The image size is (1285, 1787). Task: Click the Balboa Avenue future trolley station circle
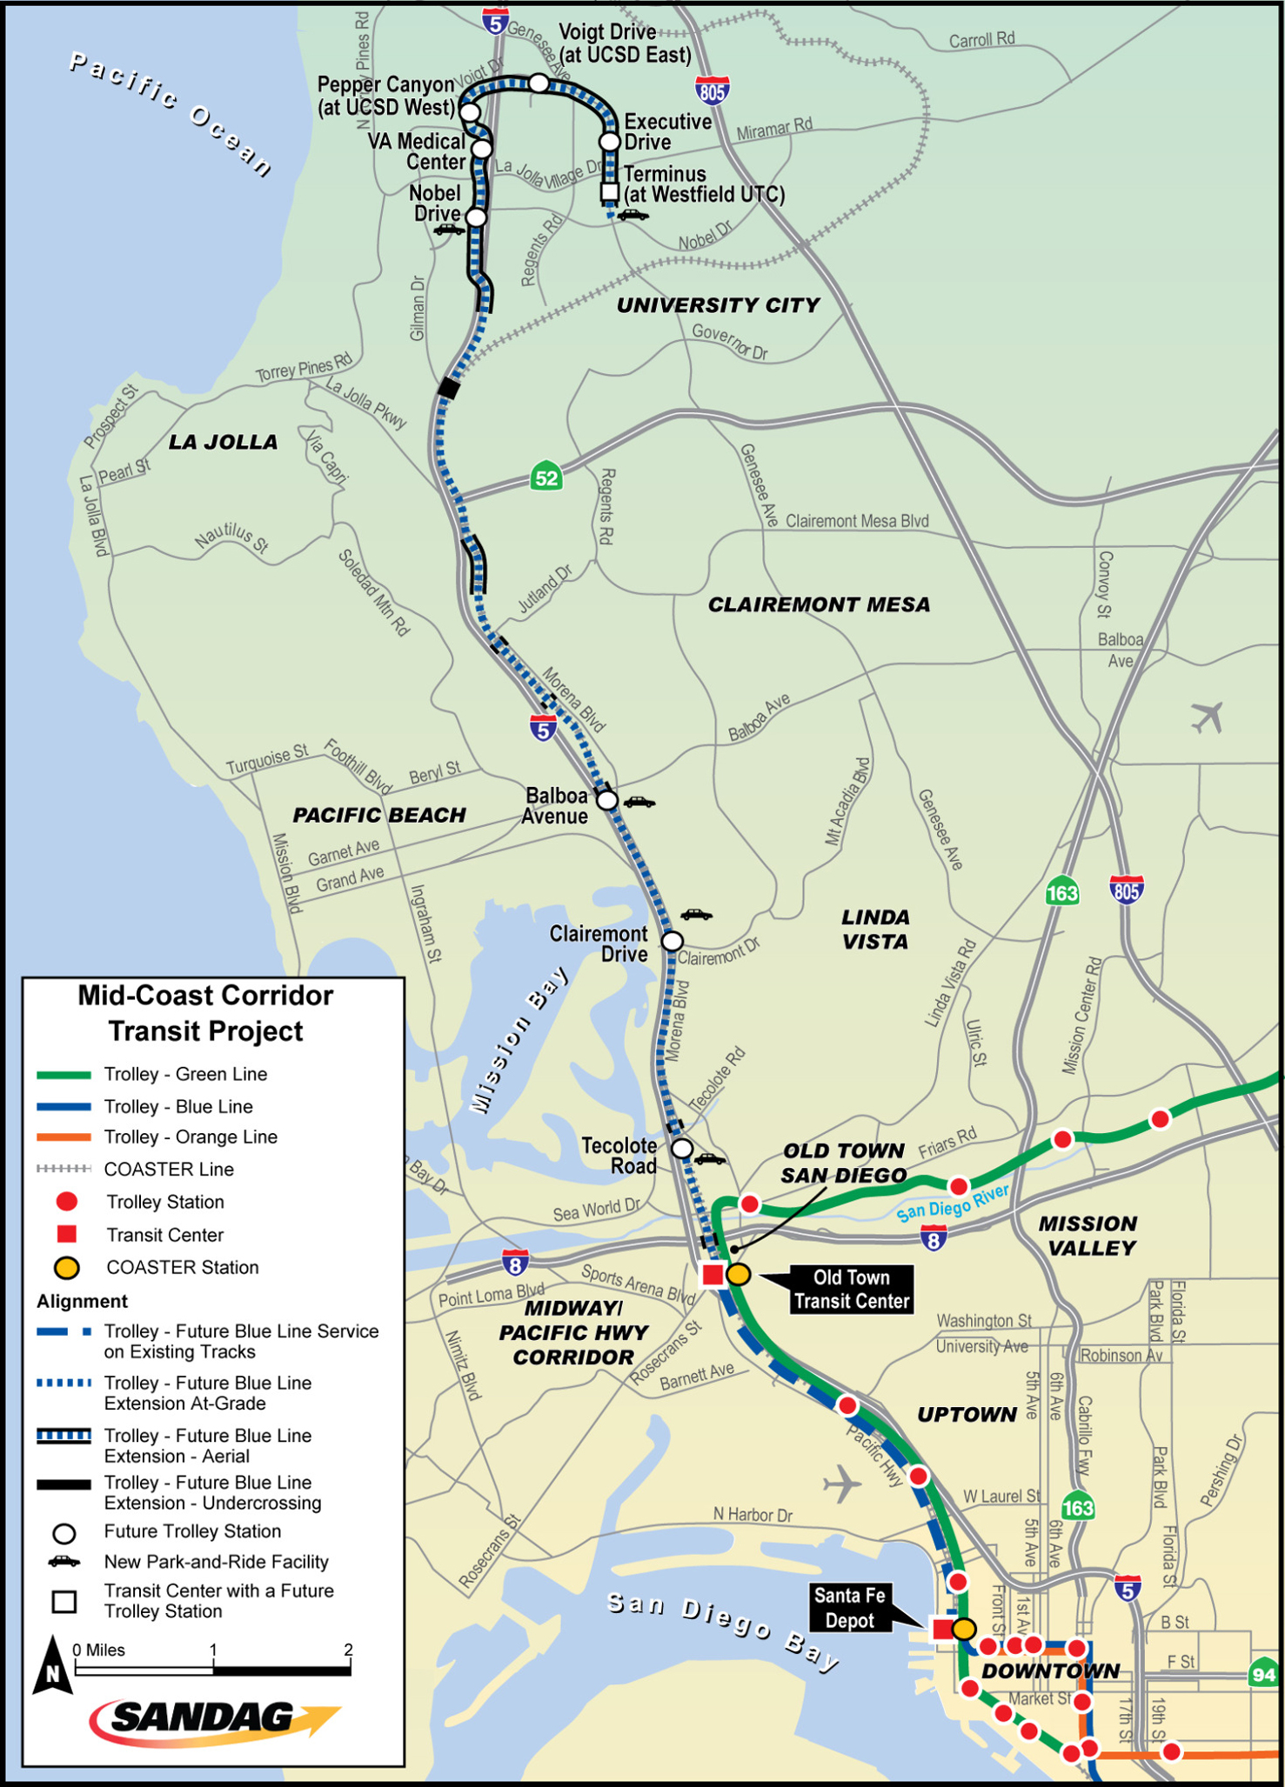click(607, 800)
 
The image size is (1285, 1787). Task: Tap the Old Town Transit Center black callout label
click(851, 1289)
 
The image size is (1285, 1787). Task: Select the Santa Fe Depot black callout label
click(849, 1608)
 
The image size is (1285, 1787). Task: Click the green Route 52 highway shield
click(546, 477)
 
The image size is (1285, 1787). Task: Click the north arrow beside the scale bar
click(52, 1665)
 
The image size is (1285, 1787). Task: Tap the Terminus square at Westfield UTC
click(610, 192)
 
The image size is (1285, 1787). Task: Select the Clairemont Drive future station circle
click(672, 941)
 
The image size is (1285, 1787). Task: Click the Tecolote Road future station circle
click(682, 1149)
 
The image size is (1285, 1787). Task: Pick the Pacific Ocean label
click(171, 112)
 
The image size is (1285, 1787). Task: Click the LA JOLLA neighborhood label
click(223, 443)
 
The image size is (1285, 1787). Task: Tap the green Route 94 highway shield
click(1263, 1674)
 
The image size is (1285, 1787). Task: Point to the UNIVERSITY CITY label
click(718, 305)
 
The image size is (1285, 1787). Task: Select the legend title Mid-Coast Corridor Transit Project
click(206, 1013)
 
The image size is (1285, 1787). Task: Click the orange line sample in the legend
click(64, 1137)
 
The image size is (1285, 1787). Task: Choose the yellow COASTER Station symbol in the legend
click(66, 1268)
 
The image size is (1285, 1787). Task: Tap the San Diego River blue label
click(952, 1201)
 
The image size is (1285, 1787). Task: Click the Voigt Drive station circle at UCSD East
click(539, 83)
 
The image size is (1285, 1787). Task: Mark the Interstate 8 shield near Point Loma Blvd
click(515, 1264)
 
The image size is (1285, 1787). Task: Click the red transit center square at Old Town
click(713, 1275)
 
